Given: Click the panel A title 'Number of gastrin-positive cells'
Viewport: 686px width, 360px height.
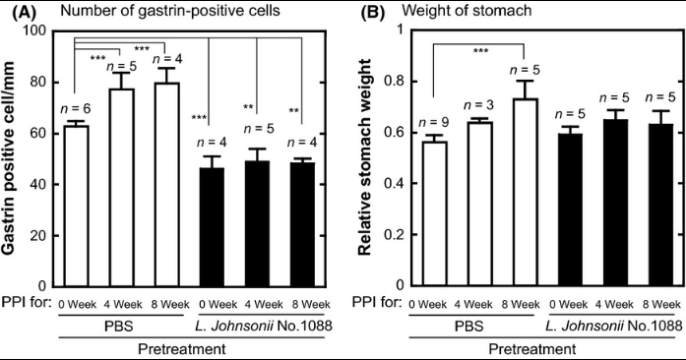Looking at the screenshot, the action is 169,10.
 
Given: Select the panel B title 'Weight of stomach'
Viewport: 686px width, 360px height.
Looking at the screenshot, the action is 467,10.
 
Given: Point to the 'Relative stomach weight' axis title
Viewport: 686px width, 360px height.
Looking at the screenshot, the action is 364,156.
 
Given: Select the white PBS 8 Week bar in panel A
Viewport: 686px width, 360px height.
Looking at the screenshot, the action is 166,185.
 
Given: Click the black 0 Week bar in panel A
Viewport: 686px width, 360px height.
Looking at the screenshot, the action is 212,227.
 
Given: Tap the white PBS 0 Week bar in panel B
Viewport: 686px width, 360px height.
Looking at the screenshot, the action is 434,213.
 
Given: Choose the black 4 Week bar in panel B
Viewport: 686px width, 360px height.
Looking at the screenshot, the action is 615,203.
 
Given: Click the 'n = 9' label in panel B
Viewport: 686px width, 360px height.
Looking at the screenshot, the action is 434,123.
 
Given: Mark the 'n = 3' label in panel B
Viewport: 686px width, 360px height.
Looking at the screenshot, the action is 479,105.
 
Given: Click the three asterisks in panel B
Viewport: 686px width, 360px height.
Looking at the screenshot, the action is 481,51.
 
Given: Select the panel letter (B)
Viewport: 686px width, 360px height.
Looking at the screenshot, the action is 372,12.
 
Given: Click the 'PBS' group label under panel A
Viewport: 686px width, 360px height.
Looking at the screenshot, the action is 119,327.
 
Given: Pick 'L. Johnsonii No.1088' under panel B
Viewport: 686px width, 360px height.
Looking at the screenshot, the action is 614,326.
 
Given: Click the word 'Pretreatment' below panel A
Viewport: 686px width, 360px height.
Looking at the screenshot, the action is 182,349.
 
